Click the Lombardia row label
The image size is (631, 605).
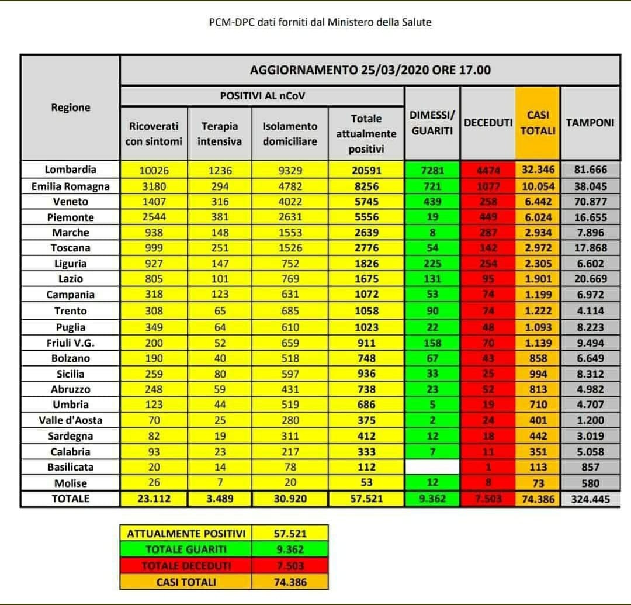click(70, 170)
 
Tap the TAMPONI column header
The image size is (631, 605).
click(590, 123)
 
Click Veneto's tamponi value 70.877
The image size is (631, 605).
click(590, 202)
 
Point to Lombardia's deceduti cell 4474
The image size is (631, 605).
click(488, 170)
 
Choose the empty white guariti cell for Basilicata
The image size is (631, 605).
click(432, 467)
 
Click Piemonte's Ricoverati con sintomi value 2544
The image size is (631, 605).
click(154, 217)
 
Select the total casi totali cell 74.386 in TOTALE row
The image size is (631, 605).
click(538, 499)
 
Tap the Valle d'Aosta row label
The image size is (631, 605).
click(70, 420)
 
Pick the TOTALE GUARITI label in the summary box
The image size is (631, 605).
click(185, 549)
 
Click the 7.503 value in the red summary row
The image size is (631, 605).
click(290, 566)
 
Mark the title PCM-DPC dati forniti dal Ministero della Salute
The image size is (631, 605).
click(320, 22)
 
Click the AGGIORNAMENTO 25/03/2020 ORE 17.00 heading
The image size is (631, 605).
click(370, 70)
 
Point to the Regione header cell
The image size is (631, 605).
click(70, 108)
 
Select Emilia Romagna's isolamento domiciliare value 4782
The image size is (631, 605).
click(290, 186)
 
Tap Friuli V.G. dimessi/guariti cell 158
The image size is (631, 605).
click(432, 343)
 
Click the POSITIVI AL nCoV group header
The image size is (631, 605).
click(262, 95)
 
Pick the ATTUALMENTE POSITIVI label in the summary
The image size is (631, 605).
click(185, 534)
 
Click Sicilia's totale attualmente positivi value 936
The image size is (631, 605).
click(366, 374)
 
